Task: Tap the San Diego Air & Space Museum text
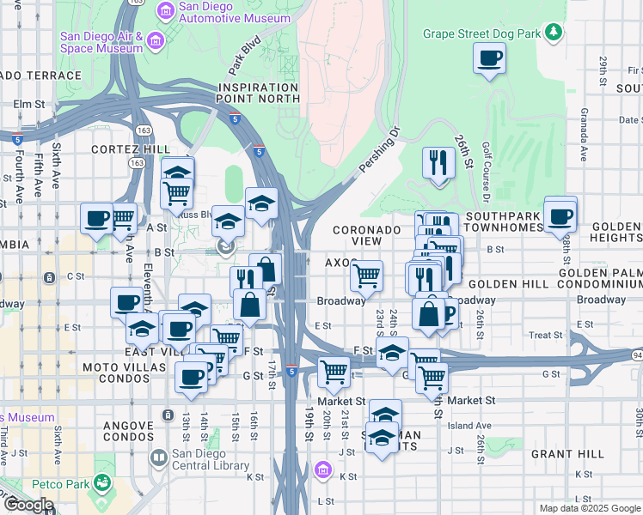101,42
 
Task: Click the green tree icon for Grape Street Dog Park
555,33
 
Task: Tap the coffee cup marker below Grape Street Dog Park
489,59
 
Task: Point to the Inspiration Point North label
259,93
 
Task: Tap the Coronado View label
367,236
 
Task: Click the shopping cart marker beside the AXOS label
367,277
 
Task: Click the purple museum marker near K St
323,470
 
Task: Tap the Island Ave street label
468,425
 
